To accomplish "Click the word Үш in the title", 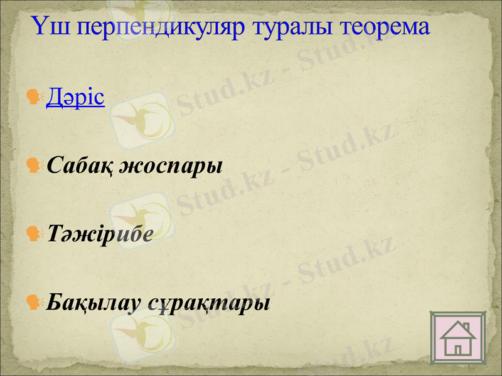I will (48, 27).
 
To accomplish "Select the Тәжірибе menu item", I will (100, 234).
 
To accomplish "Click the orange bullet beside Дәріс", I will (35, 98).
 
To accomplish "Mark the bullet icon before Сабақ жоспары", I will (35, 166).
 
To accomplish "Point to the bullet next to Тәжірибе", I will (35, 234).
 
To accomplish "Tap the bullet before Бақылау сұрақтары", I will (35, 303).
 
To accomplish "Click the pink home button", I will (457, 337).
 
